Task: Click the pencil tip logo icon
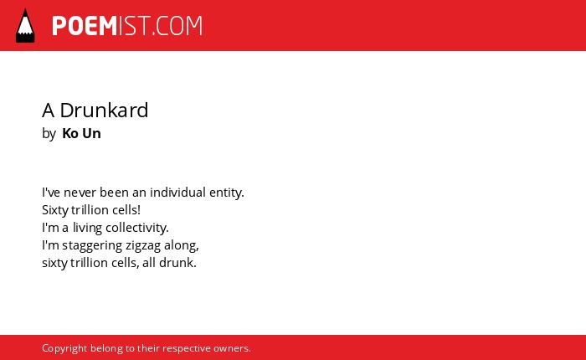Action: tap(25, 26)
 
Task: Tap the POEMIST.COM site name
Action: tap(127, 26)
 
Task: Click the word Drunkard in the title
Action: tap(104, 111)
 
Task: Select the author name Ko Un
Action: tap(81, 133)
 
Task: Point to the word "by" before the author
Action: tap(49, 134)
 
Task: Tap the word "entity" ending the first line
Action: tap(227, 193)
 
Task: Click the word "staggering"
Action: tap(92, 245)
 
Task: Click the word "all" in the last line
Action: tap(149, 262)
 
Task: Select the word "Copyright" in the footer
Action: tap(64, 348)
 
